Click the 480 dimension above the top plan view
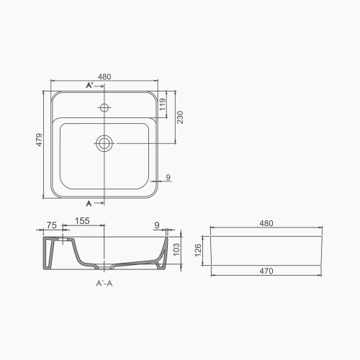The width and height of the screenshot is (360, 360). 105,76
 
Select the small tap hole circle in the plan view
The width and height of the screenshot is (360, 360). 105,109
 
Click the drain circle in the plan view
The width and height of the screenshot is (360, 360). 105,143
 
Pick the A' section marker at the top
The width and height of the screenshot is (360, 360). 90,86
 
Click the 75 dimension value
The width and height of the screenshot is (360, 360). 50,224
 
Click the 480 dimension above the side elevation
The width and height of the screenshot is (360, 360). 266,224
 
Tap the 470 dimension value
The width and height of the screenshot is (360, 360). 266,282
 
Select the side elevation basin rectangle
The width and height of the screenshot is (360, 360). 266,253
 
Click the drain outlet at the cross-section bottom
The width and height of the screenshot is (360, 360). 106,266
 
